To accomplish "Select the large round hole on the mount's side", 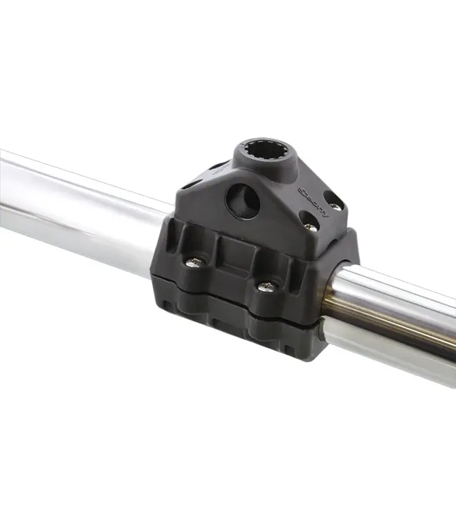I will (242, 201).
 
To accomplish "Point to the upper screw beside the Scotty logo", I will (335, 206).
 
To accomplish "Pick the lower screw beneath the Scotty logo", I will (309, 226).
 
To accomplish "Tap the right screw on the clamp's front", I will (266, 286).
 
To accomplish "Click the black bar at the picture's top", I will (228, 15).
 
